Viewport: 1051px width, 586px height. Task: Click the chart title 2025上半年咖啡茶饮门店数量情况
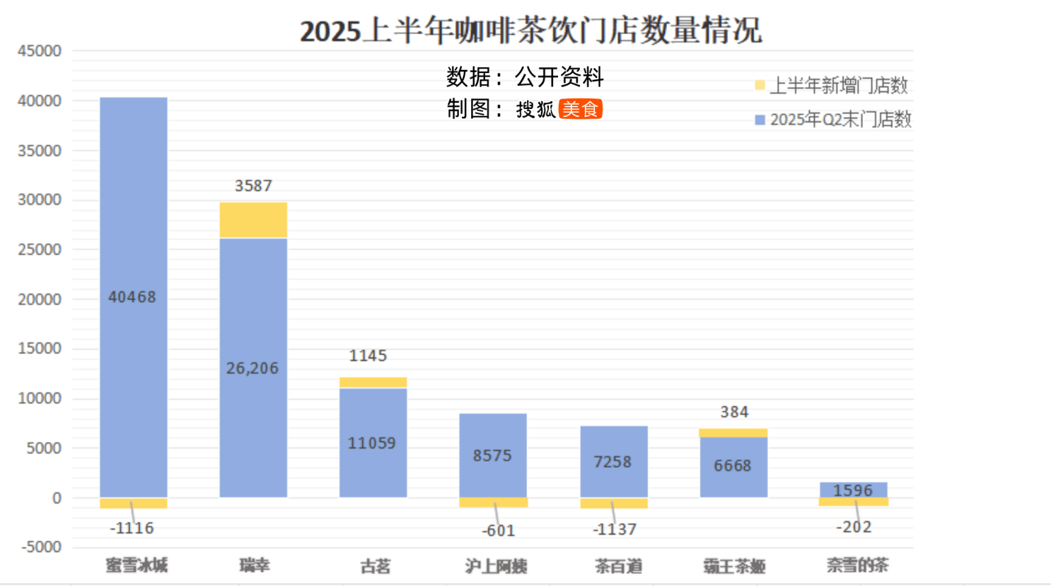point(530,30)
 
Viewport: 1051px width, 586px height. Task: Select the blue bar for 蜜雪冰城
point(134,212)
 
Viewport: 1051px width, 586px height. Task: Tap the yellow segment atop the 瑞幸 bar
point(253,220)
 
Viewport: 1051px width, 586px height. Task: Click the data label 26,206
point(252,368)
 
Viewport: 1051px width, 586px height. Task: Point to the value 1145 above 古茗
point(368,355)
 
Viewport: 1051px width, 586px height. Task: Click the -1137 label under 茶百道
point(615,529)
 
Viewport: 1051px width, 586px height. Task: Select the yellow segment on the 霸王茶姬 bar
point(733,432)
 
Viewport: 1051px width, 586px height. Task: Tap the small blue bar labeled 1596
point(853,490)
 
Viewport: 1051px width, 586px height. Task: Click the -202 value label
point(854,527)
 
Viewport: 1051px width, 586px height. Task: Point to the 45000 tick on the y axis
point(40,51)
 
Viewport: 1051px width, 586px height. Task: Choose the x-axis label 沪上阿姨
point(496,566)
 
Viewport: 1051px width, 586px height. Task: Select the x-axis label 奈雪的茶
point(857,565)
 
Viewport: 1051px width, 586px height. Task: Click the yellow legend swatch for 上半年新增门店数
point(760,86)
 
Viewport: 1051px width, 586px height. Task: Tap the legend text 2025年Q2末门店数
point(840,120)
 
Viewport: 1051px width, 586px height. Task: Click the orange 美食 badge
point(580,109)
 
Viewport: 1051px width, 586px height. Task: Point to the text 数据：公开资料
point(525,76)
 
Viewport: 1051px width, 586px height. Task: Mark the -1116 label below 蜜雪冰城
point(132,528)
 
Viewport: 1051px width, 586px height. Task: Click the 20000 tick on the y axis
point(40,299)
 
